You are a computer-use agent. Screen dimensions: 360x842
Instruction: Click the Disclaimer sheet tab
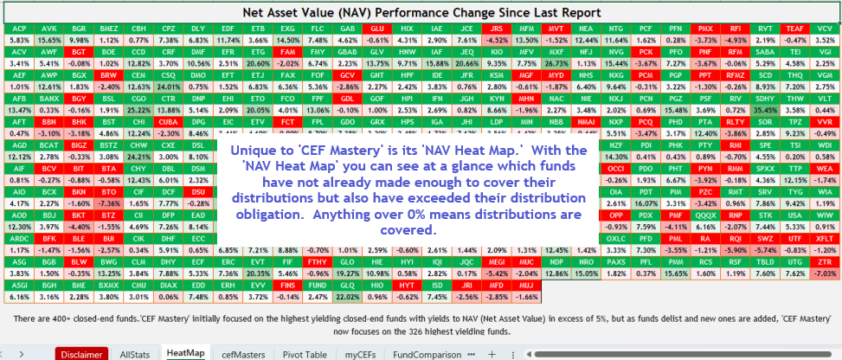coord(83,354)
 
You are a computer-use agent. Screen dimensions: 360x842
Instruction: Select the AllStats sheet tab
coord(134,354)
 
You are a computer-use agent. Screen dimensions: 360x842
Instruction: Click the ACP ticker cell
coord(18,29)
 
